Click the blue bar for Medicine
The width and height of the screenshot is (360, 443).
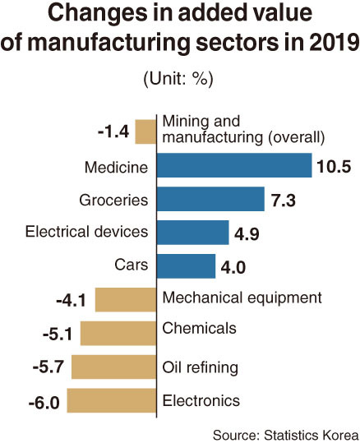[234, 165]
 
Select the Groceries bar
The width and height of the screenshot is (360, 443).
[210, 199]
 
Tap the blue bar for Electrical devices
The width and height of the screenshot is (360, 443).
[192, 233]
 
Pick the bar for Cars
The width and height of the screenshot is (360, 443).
[186, 266]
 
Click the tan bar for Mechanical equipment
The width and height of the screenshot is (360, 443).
[126, 300]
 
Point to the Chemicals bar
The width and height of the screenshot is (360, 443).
[118, 333]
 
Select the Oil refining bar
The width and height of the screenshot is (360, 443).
[114, 367]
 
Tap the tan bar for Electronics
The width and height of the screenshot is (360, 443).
[112, 400]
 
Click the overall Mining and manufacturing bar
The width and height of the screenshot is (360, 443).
[145, 132]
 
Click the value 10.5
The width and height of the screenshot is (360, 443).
[334, 166]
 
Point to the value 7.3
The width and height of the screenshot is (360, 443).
[284, 201]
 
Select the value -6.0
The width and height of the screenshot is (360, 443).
[44, 403]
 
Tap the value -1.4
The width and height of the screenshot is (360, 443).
[113, 132]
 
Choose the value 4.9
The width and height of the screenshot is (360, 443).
[247, 234]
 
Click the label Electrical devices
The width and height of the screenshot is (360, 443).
[87, 232]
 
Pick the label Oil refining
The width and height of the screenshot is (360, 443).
[200, 368]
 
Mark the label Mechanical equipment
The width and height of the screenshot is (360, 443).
[242, 298]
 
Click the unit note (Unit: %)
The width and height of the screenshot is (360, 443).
[178, 79]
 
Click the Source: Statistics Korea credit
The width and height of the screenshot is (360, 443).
[286, 435]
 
